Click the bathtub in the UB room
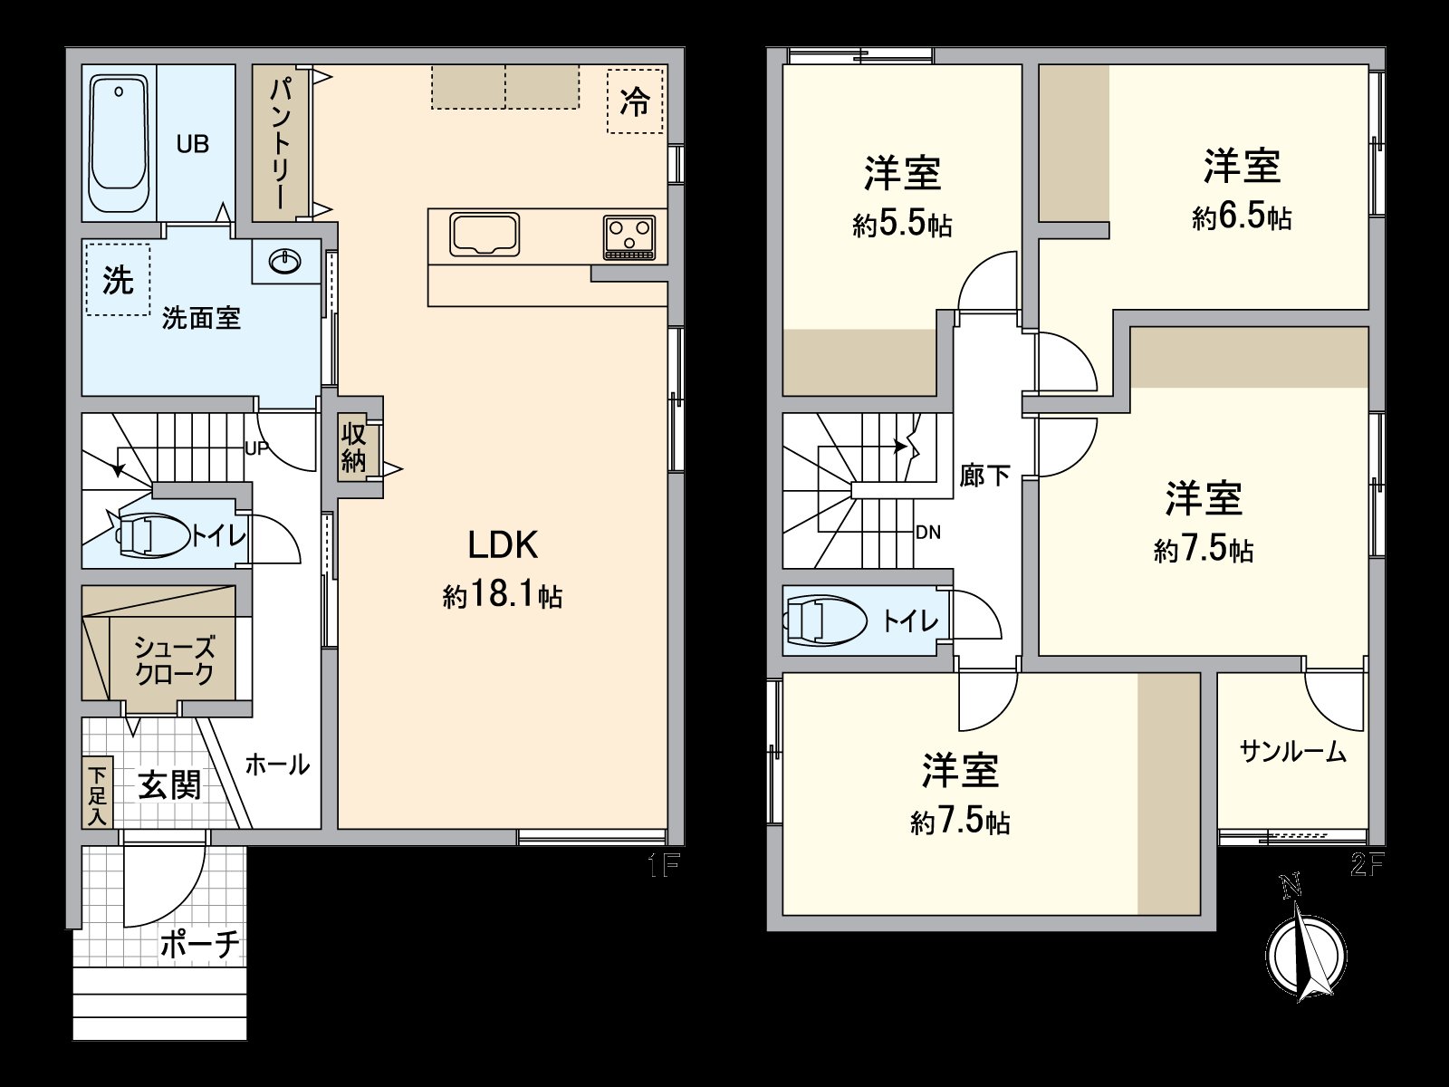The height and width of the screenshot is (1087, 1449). [119, 143]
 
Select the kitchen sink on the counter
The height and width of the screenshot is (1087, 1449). [485, 236]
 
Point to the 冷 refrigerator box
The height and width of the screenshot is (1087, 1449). [635, 101]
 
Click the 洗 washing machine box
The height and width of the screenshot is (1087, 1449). [118, 279]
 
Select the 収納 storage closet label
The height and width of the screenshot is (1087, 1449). [353, 447]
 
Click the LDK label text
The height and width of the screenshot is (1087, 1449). [503, 545]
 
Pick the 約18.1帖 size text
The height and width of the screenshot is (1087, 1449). [503, 596]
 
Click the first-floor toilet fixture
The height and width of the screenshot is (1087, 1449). [149, 534]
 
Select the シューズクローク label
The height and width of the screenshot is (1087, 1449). [174, 659]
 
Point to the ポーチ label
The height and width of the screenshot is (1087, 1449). [200, 944]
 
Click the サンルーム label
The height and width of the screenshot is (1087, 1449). [1292, 752]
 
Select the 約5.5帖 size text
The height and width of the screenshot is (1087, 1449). [902, 224]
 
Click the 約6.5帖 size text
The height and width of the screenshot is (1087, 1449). [1242, 217]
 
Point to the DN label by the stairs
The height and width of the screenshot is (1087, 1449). [928, 533]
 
